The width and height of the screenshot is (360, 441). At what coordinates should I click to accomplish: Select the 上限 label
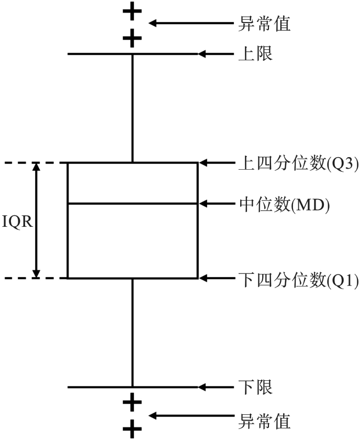click(x=255, y=54)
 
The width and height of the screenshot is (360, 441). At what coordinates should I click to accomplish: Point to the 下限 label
click(x=255, y=388)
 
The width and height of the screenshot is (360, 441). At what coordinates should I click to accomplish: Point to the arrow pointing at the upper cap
click(x=215, y=54)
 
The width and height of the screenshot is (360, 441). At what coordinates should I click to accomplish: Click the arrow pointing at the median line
click(x=215, y=203)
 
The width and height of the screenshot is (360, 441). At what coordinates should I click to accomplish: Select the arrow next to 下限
click(x=215, y=388)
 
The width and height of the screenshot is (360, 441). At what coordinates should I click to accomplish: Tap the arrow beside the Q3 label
click(x=215, y=163)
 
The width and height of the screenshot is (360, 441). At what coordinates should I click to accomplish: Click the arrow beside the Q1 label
click(x=215, y=278)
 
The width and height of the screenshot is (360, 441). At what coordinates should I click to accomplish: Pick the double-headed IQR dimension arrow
click(x=36, y=220)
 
